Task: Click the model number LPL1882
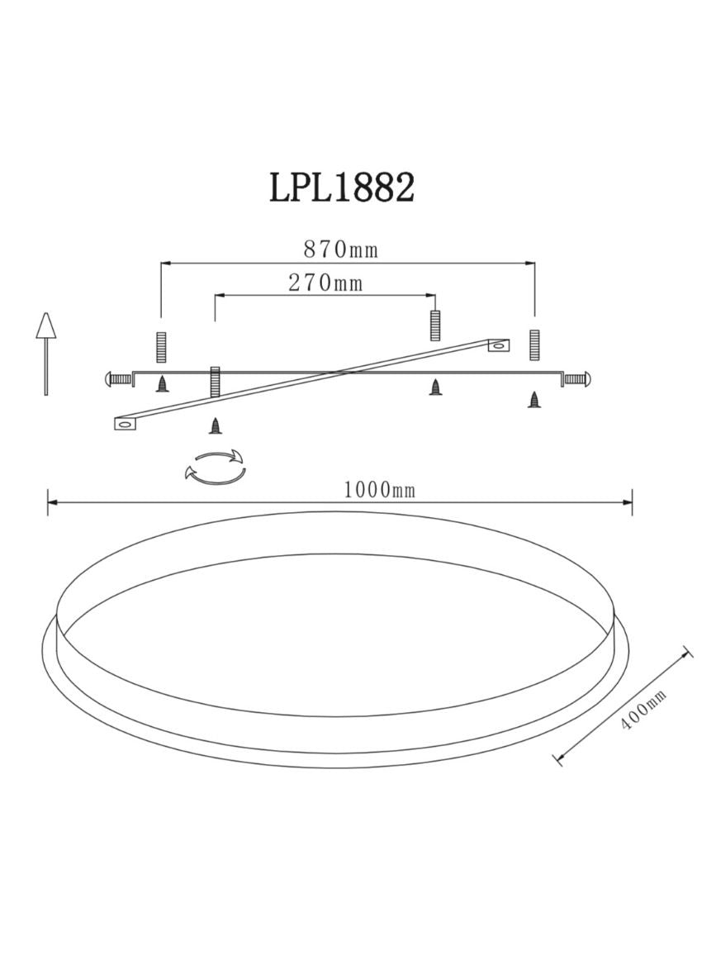click(x=342, y=187)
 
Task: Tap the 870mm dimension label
click(x=341, y=249)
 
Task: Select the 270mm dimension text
click(x=325, y=283)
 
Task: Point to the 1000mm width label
click(x=379, y=490)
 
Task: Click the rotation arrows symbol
click(x=215, y=468)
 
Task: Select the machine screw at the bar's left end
click(x=119, y=379)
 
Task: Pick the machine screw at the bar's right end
click(x=576, y=379)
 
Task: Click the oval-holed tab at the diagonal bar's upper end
click(x=499, y=346)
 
